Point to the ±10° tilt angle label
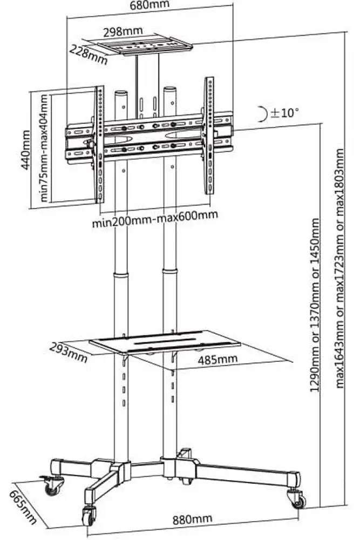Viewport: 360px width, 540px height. [x=285, y=113]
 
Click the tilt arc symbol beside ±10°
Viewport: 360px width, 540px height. [x=262, y=113]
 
